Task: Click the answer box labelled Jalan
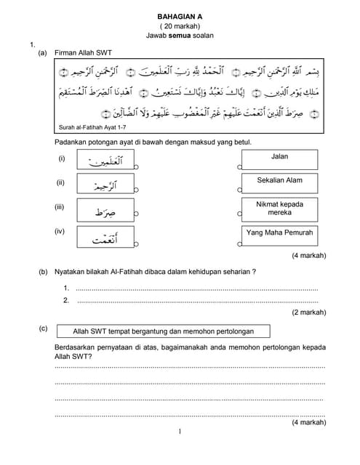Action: click(x=279, y=160)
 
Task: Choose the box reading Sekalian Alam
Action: click(x=279, y=182)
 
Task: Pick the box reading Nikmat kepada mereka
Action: click(x=279, y=209)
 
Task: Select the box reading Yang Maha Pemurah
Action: click(x=279, y=233)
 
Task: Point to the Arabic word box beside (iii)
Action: click(x=105, y=211)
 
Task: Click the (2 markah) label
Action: click(x=308, y=312)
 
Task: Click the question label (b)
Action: click(x=43, y=271)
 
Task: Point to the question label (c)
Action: click(x=43, y=328)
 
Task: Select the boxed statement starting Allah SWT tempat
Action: click(x=163, y=331)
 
